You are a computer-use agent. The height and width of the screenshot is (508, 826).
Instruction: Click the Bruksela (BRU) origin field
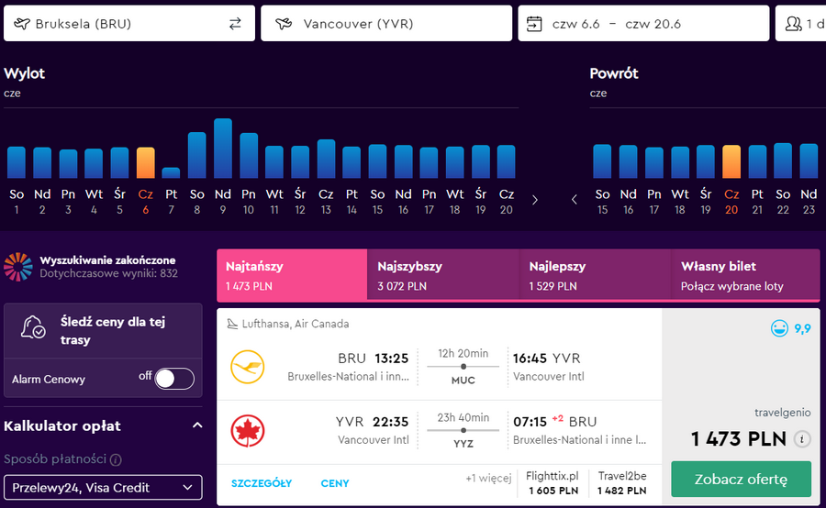point(129,24)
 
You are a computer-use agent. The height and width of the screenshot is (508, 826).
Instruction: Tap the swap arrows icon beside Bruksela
point(235,24)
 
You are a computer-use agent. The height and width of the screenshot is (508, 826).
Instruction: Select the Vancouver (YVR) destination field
point(386,24)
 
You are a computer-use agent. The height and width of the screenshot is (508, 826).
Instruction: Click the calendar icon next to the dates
point(534,24)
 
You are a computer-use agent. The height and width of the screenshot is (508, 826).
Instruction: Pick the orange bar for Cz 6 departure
point(145,162)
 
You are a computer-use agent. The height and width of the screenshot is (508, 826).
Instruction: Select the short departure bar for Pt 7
point(172,172)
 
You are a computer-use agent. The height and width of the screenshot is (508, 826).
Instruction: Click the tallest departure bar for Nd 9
point(223,148)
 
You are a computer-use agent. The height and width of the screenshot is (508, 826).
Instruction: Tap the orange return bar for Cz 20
point(731,161)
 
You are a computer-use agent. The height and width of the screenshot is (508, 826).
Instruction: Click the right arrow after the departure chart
point(535,200)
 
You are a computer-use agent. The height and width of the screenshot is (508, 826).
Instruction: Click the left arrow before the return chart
point(575,200)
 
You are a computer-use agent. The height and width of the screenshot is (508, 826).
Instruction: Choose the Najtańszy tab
point(292,275)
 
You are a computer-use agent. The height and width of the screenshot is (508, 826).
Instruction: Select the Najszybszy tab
point(443,275)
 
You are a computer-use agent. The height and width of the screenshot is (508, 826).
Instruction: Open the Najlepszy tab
point(596,275)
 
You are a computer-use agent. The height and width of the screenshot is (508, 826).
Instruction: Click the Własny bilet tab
point(745,275)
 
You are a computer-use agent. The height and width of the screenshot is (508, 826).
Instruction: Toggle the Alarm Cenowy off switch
point(174,379)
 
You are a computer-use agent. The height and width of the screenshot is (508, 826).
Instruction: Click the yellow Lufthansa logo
point(247,367)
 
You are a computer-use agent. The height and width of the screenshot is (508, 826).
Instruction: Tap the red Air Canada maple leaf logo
point(247,431)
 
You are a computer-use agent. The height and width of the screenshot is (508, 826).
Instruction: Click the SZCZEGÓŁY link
point(262,483)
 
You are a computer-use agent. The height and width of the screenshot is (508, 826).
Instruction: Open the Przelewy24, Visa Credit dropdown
point(103,488)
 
